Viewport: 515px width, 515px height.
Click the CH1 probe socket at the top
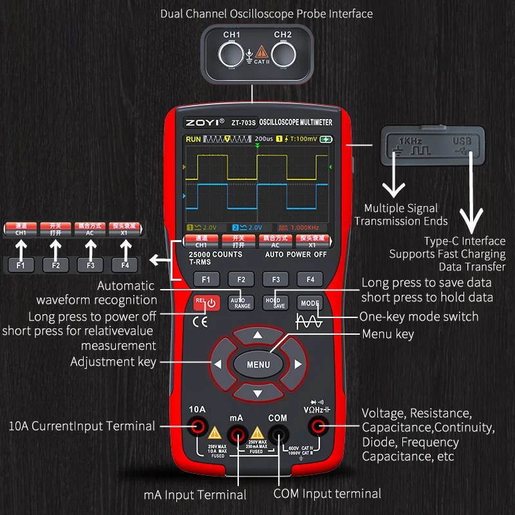pos(232,52)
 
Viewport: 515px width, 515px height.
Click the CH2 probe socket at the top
pos(283,52)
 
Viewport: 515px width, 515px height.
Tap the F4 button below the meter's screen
pos(310,279)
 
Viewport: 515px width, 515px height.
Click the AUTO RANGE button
pos(241,301)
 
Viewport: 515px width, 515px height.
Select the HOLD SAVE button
pos(275,301)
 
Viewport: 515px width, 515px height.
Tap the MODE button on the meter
pos(310,303)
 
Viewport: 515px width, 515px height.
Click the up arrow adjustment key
pos(257,335)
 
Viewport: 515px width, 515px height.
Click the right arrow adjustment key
pos(297,364)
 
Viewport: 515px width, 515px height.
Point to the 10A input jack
pos(197,425)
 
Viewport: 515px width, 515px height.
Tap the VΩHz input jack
pos(317,426)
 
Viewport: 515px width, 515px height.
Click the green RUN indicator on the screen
pos(193,139)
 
